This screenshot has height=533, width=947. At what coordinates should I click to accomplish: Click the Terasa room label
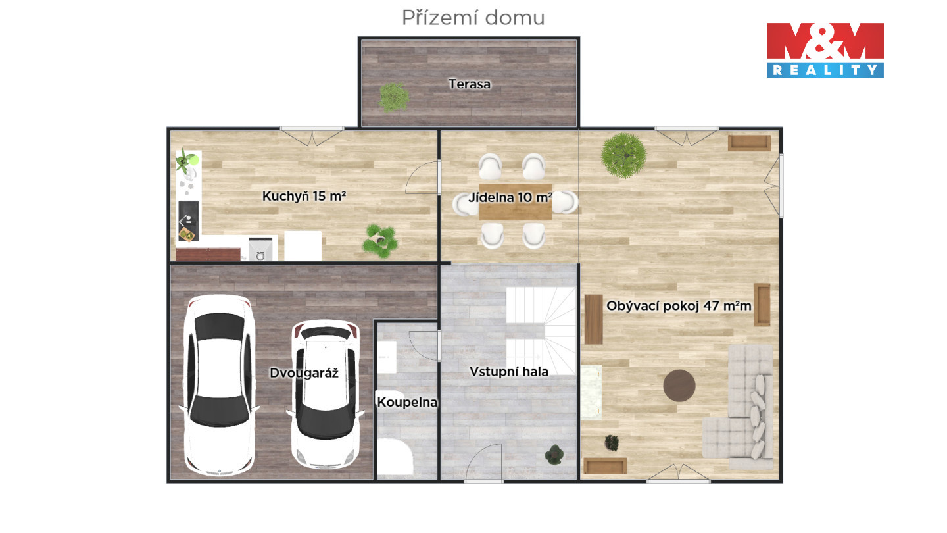coord(470,84)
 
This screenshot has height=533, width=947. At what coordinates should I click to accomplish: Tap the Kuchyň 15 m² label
coord(304,196)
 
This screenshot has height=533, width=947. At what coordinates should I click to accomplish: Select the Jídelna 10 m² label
coord(510,197)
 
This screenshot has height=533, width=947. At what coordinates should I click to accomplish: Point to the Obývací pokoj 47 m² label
coord(679,306)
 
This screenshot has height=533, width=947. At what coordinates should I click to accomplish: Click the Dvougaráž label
coord(304,372)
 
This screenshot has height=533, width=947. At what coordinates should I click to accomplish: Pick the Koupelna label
coord(406,402)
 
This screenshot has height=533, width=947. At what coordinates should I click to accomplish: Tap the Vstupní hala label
coord(509,371)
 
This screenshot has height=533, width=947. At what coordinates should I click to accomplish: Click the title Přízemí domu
coord(473,18)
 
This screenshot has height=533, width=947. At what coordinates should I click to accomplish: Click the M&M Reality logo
coord(825,50)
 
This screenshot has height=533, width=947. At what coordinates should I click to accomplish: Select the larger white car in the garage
coord(220,384)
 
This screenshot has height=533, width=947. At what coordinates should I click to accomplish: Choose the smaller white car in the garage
coord(325,394)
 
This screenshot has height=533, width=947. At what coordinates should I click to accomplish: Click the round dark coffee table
coord(679,386)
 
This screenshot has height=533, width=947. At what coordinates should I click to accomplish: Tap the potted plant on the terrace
coord(393,97)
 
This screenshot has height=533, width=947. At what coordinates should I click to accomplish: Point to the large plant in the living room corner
coord(623,155)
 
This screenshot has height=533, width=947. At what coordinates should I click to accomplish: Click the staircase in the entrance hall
coord(541,331)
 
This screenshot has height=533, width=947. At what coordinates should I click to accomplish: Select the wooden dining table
coord(515,202)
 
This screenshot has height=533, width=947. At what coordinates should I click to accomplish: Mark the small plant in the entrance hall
coord(554,454)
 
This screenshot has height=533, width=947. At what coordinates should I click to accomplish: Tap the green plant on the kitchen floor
coord(380,241)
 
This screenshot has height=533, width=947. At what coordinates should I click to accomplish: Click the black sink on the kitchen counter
coord(188,221)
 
